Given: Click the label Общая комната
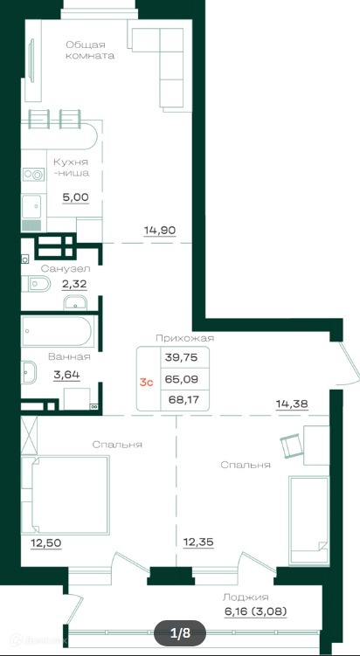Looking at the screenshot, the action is (90, 50).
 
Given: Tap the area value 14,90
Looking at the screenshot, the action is (160, 230).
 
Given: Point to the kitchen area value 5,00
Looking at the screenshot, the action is (76, 197).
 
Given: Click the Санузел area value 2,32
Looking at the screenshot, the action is (74, 285).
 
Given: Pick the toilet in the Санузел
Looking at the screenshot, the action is (35, 285).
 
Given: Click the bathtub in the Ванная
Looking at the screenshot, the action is (57, 331).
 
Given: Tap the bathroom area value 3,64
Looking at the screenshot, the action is (66, 375).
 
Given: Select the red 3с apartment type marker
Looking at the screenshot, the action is (147, 382).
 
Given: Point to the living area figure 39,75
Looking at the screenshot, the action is (181, 357).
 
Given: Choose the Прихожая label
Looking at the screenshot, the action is (184, 338).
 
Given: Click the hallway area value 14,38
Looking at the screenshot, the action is (292, 404).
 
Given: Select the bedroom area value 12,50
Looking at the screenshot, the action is (46, 543).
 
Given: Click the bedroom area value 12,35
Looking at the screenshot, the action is (198, 542).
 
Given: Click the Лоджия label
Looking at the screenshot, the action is (246, 597).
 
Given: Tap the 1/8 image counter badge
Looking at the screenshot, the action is (180, 634).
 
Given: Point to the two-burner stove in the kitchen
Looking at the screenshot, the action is (33, 175).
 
